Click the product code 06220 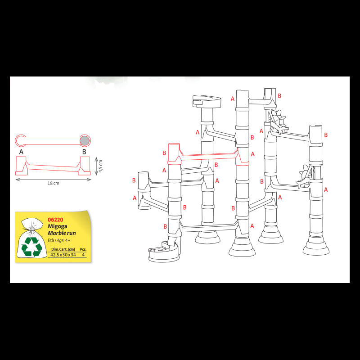point(55,220)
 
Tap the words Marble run point(62,233)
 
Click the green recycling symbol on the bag point(32,246)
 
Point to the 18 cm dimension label point(53,183)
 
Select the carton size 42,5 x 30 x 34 point(63,255)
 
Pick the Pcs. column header point(83,249)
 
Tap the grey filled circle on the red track point(85,140)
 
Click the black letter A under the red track point(21,152)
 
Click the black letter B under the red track point(84,152)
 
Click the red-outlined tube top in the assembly point(174,148)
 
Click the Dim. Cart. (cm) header point(63,249)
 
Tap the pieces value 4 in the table point(83,255)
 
